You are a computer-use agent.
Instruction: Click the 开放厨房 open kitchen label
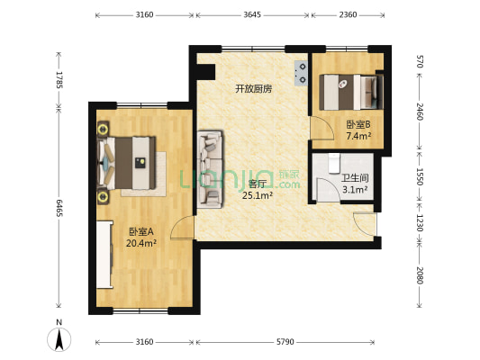pyautogui.click(x=253, y=89)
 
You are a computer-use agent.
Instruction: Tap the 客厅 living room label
pyautogui.click(x=257, y=184)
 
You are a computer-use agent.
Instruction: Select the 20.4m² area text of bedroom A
pyautogui.click(x=141, y=243)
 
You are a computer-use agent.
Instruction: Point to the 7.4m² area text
pyautogui.click(x=358, y=136)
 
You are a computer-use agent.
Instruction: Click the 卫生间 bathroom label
pyautogui.click(x=355, y=178)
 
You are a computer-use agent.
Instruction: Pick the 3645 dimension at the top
pyautogui.click(x=252, y=14)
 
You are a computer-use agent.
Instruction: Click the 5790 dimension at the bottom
pyautogui.click(x=285, y=342)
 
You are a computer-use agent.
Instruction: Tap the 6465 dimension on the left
pyautogui.click(x=59, y=208)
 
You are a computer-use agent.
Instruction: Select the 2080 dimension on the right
pyautogui.click(x=420, y=275)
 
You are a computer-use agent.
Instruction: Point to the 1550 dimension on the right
pyautogui.click(x=420, y=176)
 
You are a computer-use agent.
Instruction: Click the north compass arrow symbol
pyautogui.click(x=59, y=339)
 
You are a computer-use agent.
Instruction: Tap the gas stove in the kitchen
pyautogui.click(x=301, y=73)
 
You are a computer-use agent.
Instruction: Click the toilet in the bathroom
pyautogui.click(x=334, y=163)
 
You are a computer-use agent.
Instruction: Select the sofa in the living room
pyautogui.click(x=210, y=170)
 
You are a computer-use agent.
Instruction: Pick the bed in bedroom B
pyautogui.click(x=351, y=92)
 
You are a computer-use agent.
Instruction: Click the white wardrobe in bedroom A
pyautogui.click(x=104, y=255)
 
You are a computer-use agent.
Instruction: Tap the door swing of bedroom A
pyautogui.click(x=182, y=227)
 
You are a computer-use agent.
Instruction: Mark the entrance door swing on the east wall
pyautogui.click(x=365, y=224)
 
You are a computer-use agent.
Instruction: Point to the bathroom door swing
pyautogui.click(x=328, y=191)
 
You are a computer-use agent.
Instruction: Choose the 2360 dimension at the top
pyautogui.click(x=348, y=14)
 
